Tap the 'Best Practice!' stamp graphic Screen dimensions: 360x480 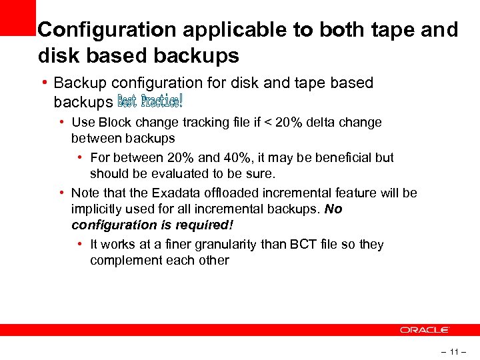pos(150,101)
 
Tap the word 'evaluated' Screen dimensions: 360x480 pos(197,173)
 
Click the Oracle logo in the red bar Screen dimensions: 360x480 pos(425,330)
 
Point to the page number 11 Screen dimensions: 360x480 pos(454,351)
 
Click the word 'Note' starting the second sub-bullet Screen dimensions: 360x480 pos(85,193)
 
